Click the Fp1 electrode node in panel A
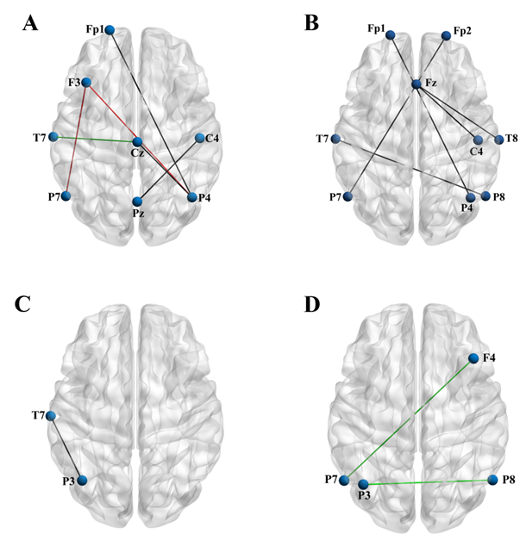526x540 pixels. (x=110, y=30)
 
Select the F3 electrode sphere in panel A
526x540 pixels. (x=85, y=83)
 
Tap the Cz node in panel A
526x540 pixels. (x=137, y=141)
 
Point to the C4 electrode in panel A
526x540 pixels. (x=199, y=138)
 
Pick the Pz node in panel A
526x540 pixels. (x=137, y=202)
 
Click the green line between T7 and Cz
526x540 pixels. (x=95, y=139)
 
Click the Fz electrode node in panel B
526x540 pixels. (x=416, y=84)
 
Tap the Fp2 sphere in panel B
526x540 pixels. (x=446, y=35)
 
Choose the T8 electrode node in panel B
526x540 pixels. (x=498, y=140)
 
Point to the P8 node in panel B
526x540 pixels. (x=485, y=196)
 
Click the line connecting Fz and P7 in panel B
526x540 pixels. (x=382, y=140)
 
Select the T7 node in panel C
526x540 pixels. (x=51, y=417)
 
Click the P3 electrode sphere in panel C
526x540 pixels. (x=81, y=481)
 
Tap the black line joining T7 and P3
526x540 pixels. (x=66, y=449)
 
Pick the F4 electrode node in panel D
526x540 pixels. (x=473, y=358)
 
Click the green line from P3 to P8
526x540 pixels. (x=427, y=482)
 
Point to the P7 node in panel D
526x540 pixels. (x=344, y=480)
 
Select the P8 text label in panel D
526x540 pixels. (x=507, y=480)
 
